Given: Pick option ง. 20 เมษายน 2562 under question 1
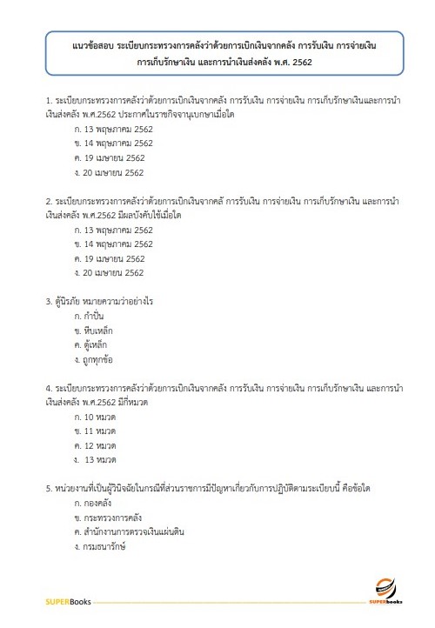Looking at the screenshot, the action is coord(110,173).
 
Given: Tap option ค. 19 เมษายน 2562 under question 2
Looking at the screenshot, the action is coord(110,258).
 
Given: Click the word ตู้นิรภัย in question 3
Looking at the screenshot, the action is coord(70,302).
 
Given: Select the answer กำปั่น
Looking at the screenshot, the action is coord(95,317).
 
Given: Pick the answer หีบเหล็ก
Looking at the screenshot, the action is coord(99,331).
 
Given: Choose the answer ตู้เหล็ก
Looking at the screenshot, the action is coord(97,344).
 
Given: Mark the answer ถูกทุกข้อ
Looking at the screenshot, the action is coord(100,359).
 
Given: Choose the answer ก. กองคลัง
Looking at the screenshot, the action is coord(96,503).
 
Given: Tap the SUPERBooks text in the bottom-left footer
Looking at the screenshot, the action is coord(70,601).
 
